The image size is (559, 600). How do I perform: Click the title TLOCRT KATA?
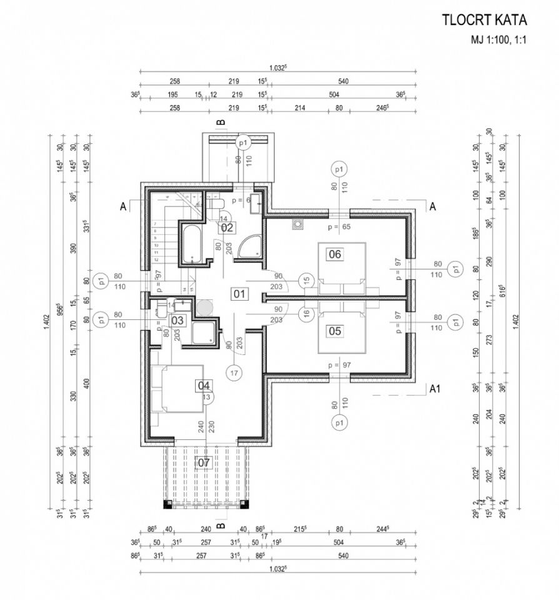point(485,20)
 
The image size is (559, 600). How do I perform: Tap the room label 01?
point(238,293)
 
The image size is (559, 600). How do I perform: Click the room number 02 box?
point(226,227)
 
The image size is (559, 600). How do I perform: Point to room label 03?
point(178,320)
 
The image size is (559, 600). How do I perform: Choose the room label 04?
point(204,385)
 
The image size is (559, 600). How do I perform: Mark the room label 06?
point(335,254)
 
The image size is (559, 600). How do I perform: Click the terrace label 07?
point(204,462)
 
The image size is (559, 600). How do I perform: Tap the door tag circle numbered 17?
point(234,374)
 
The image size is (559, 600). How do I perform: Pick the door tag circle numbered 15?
point(306,281)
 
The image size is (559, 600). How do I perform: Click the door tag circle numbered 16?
point(306,313)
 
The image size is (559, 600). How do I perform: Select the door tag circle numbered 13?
point(207,396)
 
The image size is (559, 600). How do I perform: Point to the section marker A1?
point(436,388)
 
